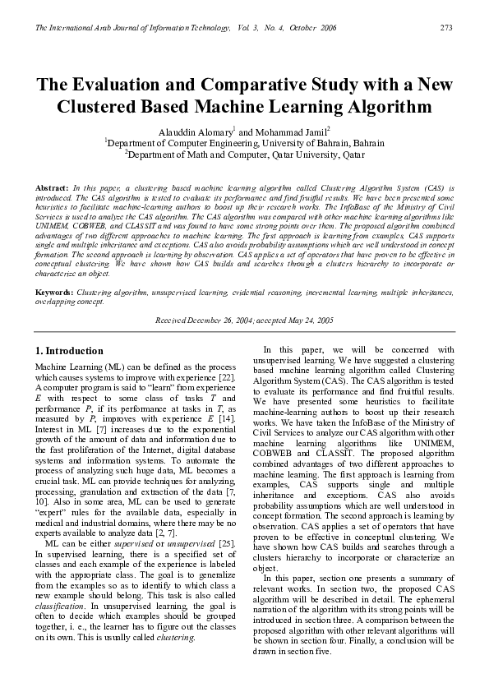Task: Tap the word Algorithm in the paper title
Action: pyautogui.click(x=385, y=107)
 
